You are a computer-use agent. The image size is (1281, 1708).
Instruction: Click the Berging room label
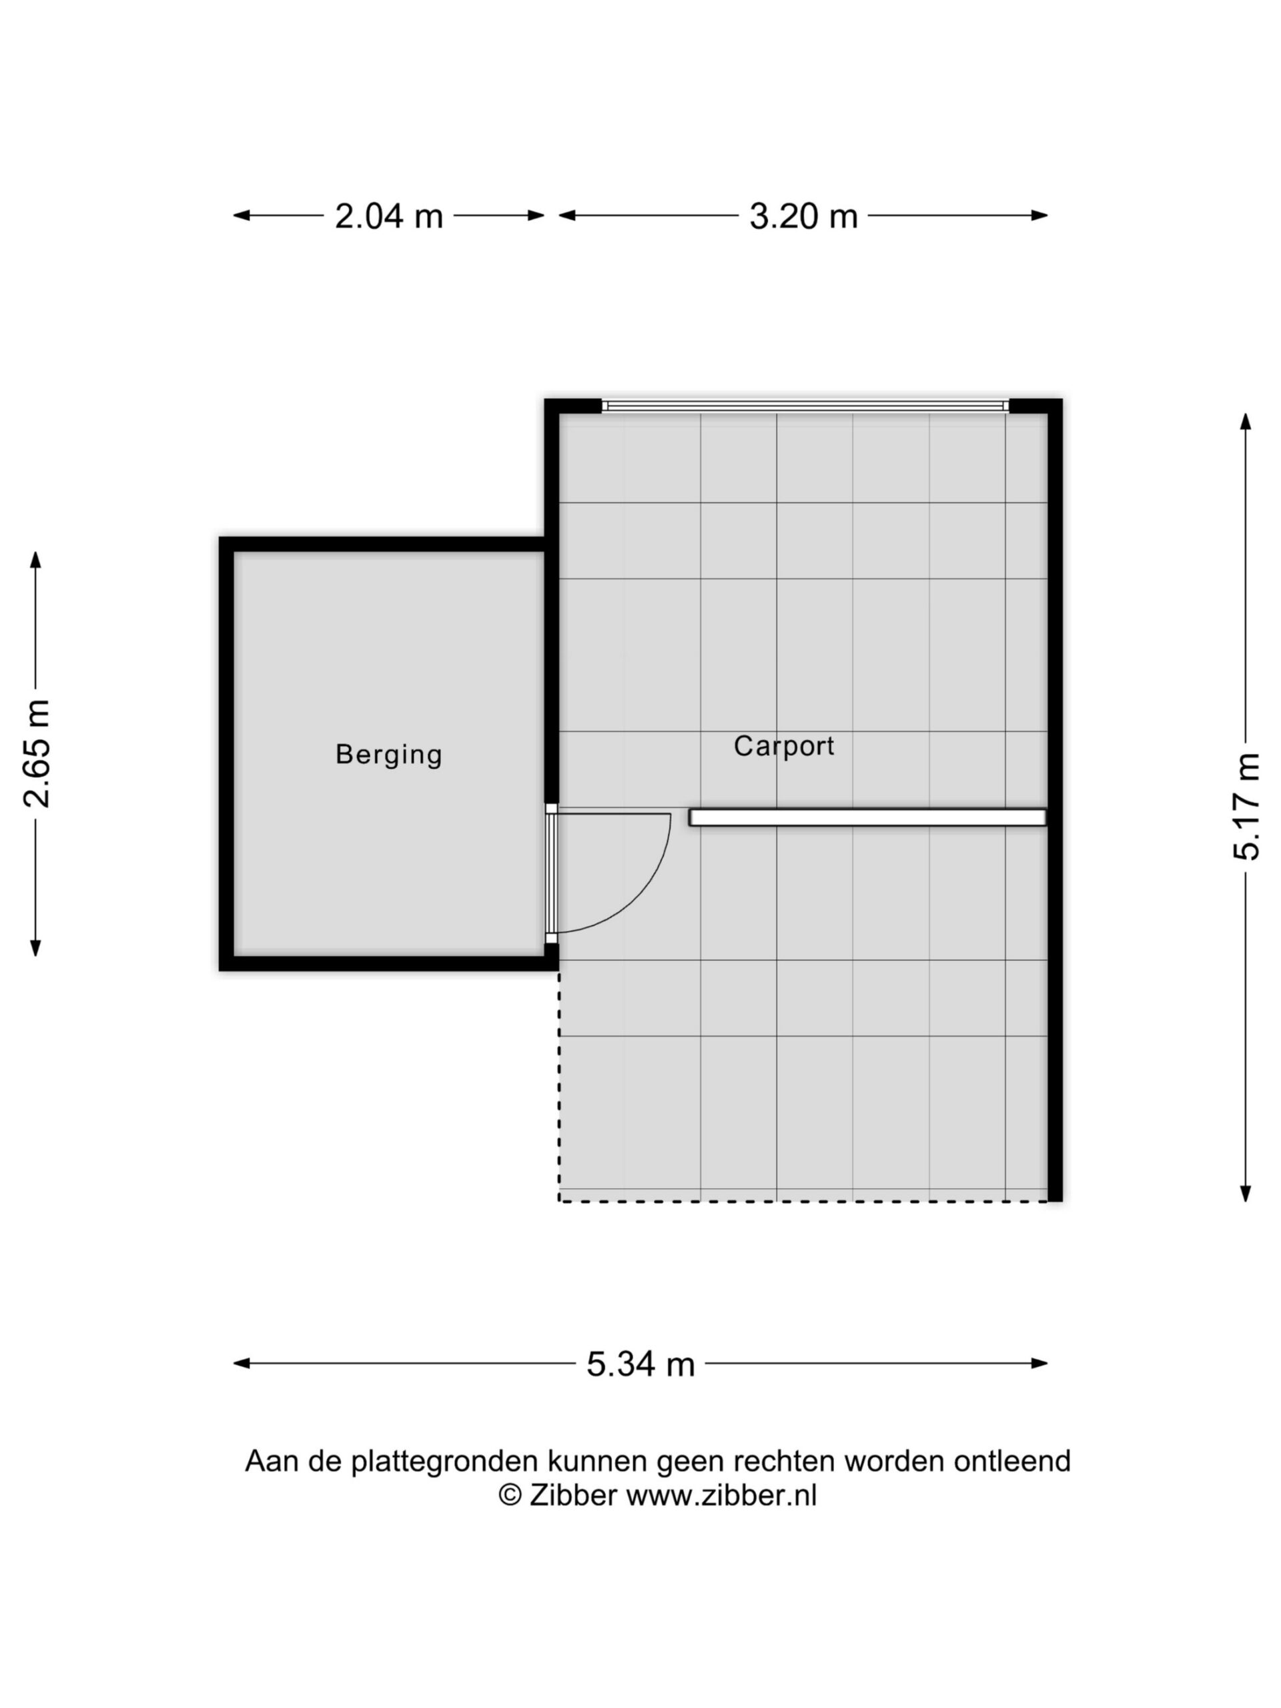tap(388, 755)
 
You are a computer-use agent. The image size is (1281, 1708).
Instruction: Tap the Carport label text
tap(784, 746)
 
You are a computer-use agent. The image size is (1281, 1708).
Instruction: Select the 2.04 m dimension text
tap(388, 216)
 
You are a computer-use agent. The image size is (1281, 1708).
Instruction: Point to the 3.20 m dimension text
tap(803, 216)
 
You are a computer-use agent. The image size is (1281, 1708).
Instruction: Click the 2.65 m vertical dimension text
tap(36, 754)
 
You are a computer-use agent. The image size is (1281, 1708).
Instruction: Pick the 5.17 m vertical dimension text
tap(1246, 806)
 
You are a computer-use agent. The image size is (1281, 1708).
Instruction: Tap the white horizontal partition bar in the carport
tap(867, 817)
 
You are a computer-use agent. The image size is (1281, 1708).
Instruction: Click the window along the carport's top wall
tap(805, 406)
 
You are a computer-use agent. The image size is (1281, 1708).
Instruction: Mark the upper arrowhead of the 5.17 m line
tap(1245, 422)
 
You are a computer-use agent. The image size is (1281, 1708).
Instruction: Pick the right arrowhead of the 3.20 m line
tap(1039, 216)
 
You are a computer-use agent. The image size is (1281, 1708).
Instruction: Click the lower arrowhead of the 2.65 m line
tap(35, 948)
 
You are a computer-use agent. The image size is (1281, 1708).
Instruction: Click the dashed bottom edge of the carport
tap(804, 1201)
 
